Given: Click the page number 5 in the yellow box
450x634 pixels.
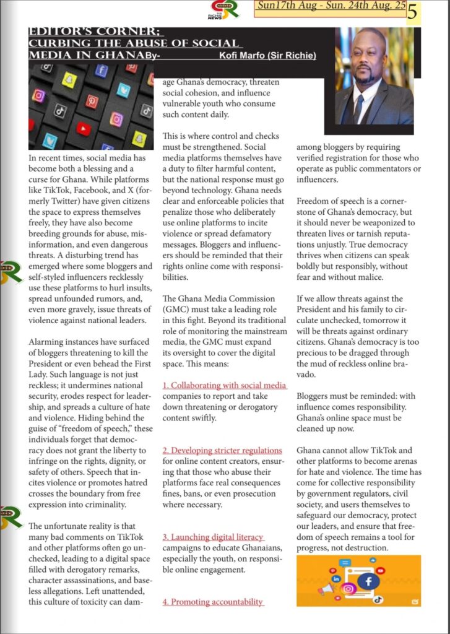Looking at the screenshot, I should click(412, 12).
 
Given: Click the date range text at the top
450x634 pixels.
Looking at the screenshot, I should click(331, 7).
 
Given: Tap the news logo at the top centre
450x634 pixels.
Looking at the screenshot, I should click(222, 10).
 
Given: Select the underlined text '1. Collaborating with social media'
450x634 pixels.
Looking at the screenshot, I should click(224, 386).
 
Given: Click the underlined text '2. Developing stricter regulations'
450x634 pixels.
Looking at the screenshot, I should click(222, 450).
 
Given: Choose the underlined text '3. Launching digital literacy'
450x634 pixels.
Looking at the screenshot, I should click(213, 537).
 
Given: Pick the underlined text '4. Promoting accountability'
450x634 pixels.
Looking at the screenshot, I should click(213, 601).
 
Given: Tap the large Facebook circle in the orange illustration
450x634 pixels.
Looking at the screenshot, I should click(369, 581).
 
